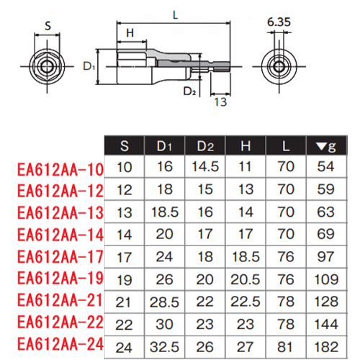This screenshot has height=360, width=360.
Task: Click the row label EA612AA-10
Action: [x=60, y=170]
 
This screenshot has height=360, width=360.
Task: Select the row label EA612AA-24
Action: [x=60, y=344]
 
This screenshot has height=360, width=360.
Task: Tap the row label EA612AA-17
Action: [x=60, y=257]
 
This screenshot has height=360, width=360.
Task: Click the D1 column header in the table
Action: [x=164, y=146]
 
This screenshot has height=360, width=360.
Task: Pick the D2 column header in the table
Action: [x=205, y=146]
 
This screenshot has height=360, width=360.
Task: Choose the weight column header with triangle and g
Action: [x=326, y=146]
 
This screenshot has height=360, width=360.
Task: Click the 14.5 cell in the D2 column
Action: [x=205, y=166]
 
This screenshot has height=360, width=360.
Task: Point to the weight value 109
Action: [x=326, y=279]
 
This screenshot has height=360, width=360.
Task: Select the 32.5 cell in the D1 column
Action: [x=164, y=347]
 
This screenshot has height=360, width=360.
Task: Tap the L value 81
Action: [x=285, y=347]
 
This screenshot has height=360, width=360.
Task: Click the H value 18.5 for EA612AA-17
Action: [x=246, y=256]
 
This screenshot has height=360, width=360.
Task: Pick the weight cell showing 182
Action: [x=326, y=347]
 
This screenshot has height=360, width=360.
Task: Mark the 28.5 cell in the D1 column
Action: [x=164, y=302]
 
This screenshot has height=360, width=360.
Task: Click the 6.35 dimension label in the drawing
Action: [x=279, y=22]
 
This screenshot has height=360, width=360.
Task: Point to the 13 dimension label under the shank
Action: [x=220, y=102]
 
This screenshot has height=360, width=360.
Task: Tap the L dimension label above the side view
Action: [x=176, y=15]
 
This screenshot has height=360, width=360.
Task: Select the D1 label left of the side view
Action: [x=89, y=66]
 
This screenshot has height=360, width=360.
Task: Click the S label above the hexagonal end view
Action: [x=48, y=26]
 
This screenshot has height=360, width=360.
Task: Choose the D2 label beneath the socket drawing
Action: [x=189, y=91]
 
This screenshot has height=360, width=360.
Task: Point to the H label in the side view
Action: [x=130, y=33]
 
